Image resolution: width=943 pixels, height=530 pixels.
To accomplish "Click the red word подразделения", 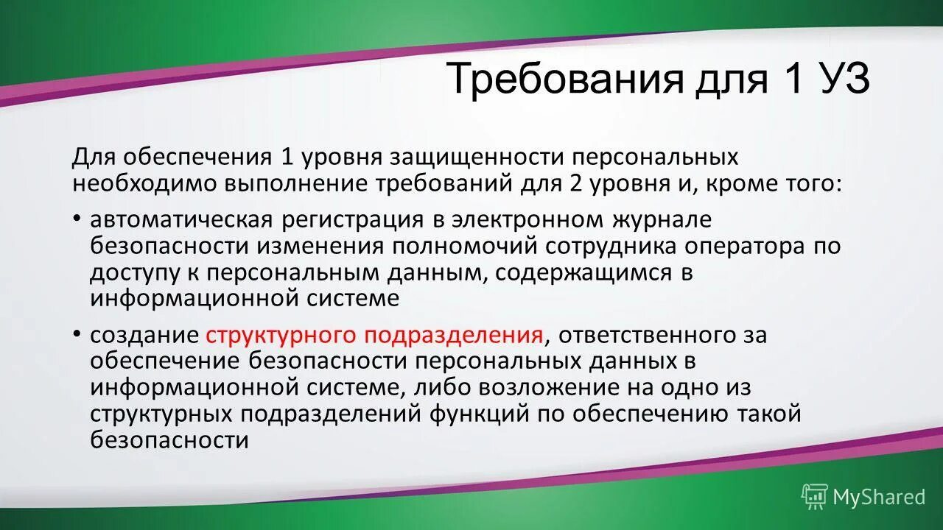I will [x=451, y=336].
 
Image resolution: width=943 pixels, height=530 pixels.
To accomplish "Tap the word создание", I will [x=144, y=336].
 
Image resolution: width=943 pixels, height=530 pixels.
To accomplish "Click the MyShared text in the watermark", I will [x=878, y=497].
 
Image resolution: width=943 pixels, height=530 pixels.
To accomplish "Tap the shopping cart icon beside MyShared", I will [x=815, y=497].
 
